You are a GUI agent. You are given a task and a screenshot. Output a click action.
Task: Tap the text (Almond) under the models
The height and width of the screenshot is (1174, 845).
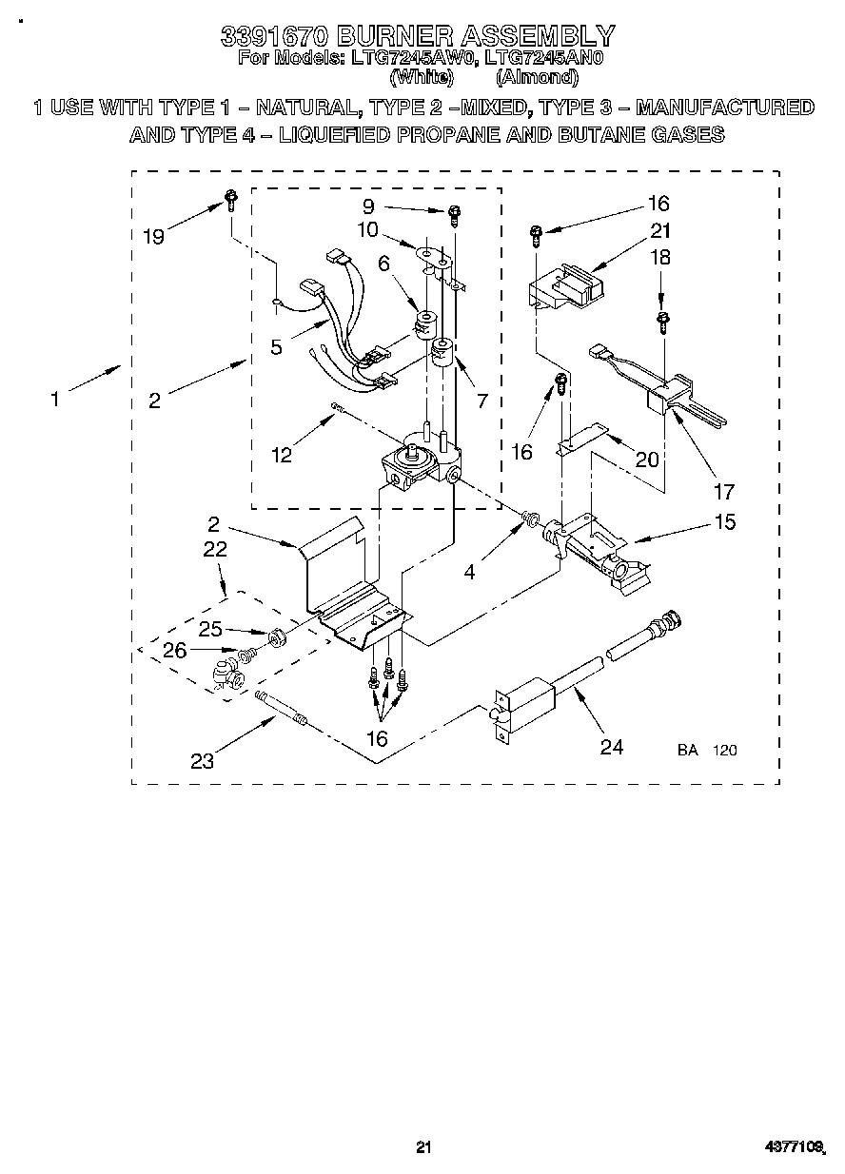pyautogui.click(x=537, y=77)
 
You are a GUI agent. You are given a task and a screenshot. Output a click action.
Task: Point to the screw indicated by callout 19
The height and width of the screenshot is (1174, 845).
pyautogui.click(x=230, y=199)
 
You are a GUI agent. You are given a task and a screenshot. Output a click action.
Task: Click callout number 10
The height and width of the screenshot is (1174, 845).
pyautogui.click(x=367, y=229)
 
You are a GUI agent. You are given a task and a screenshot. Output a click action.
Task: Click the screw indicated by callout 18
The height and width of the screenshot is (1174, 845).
pyautogui.click(x=661, y=319)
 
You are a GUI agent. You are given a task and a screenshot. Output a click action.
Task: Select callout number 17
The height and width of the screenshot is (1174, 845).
pyautogui.click(x=724, y=491)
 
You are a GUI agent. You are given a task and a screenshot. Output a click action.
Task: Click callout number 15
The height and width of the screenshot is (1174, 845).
pyautogui.click(x=724, y=521)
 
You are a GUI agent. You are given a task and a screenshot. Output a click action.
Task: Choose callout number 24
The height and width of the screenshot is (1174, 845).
pyautogui.click(x=611, y=747)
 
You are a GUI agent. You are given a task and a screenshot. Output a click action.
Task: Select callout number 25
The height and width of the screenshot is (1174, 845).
pyautogui.click(x=210, y=628)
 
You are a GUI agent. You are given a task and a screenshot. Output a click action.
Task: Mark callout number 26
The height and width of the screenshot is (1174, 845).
pyautogui.click(x=175, y=651)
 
